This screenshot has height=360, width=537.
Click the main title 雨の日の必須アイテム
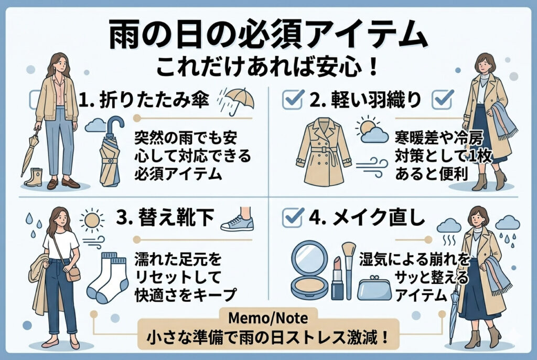click(x=268, y=35)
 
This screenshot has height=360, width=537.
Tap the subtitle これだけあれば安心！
click(x=267, y=67)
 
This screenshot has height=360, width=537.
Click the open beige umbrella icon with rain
click(x=237, y=101)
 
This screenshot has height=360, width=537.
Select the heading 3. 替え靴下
click(x=165, y=217)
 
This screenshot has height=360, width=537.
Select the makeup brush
click(x=349, y=270)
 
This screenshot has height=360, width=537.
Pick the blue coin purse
click(x=374, y=288)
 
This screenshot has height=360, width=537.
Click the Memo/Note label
click(x=268, y=318)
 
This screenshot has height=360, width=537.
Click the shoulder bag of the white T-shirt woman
click(x=73, y=274)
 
